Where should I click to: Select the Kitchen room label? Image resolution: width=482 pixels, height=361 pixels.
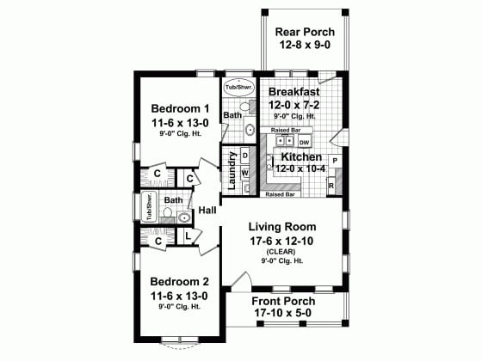(301, 157)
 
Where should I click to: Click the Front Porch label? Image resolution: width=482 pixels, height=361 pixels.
(282, 302)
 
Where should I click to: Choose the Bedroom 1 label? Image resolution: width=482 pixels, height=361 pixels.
(180, 109)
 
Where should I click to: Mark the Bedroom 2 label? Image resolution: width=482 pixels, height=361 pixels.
(180, 281)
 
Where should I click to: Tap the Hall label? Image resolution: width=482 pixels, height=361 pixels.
(207, 211)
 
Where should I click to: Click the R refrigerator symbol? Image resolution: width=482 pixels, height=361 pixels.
(332, 184)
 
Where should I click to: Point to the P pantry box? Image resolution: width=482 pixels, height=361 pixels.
(334, 161)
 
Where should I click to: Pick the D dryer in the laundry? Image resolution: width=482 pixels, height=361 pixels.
(244, 156)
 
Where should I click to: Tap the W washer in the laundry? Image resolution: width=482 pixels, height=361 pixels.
(244, 173)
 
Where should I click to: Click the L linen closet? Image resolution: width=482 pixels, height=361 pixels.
(188, 236)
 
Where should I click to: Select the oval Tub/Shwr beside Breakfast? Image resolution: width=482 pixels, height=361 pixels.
(237, 88)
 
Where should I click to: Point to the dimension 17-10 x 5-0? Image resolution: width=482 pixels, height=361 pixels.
(282, 315)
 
